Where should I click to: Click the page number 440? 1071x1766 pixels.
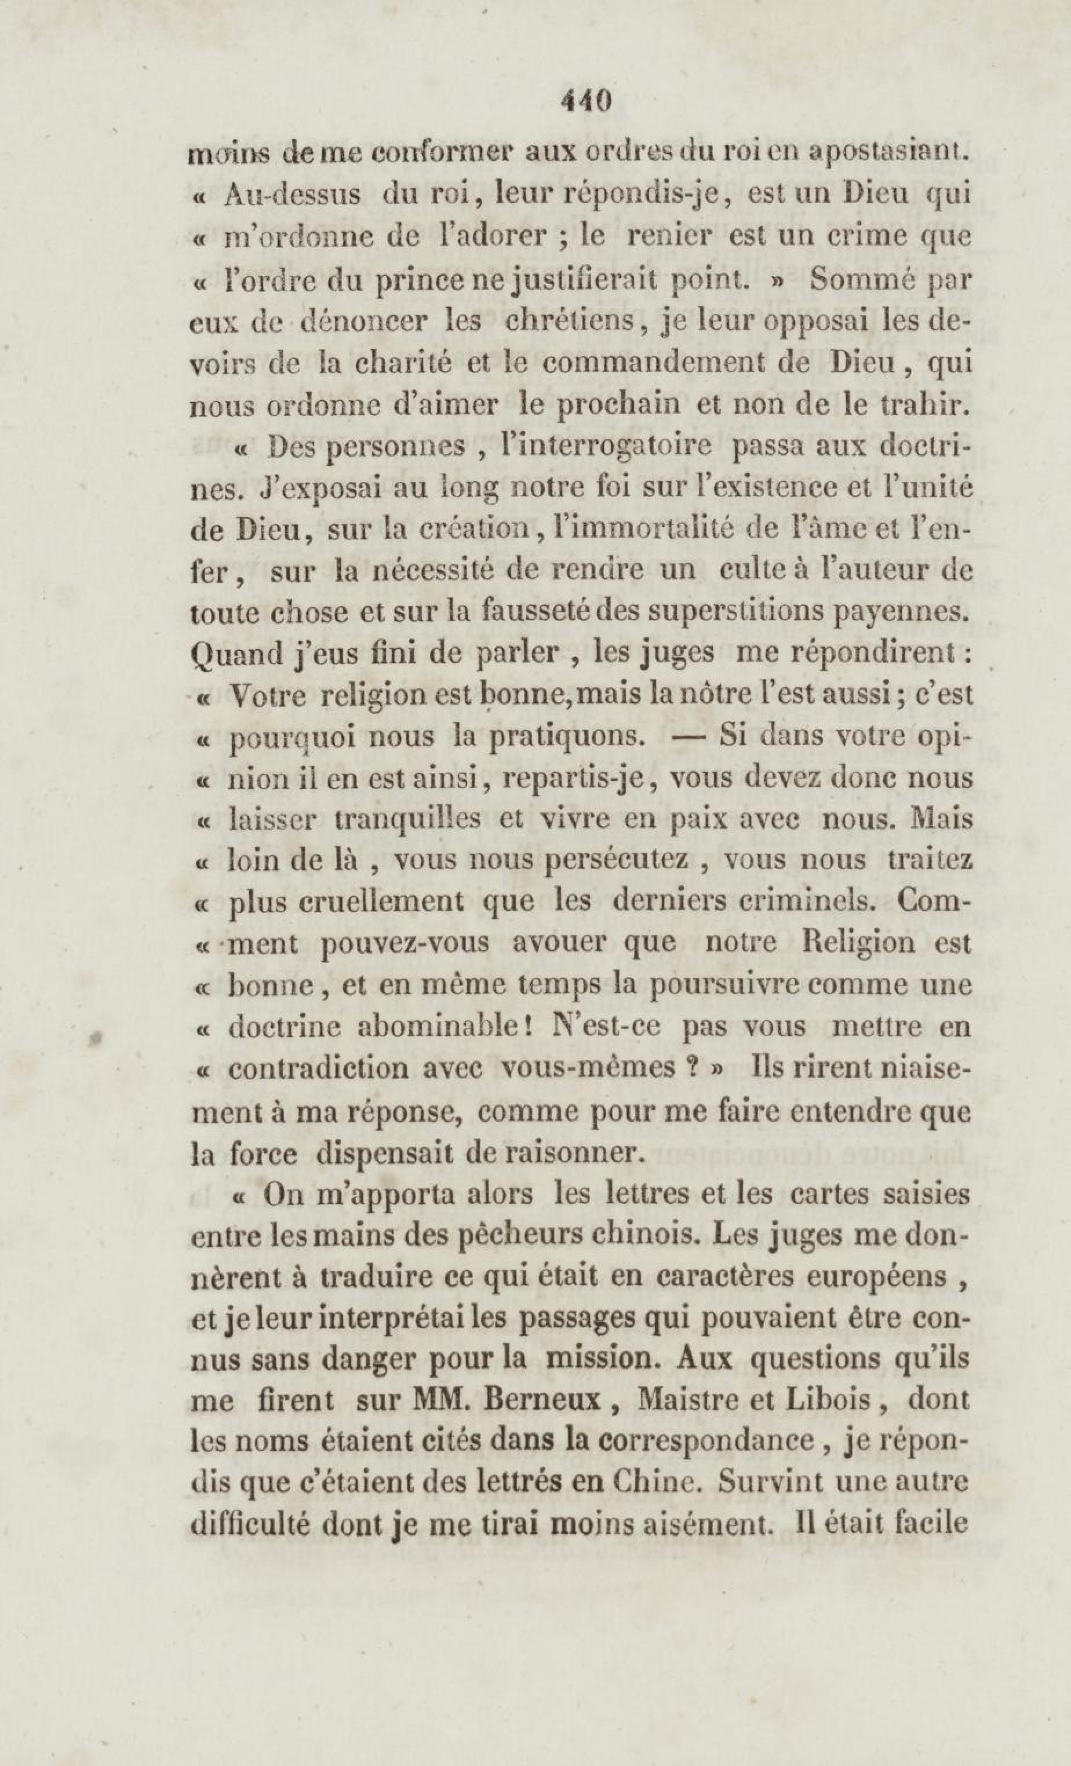point(586,101)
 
